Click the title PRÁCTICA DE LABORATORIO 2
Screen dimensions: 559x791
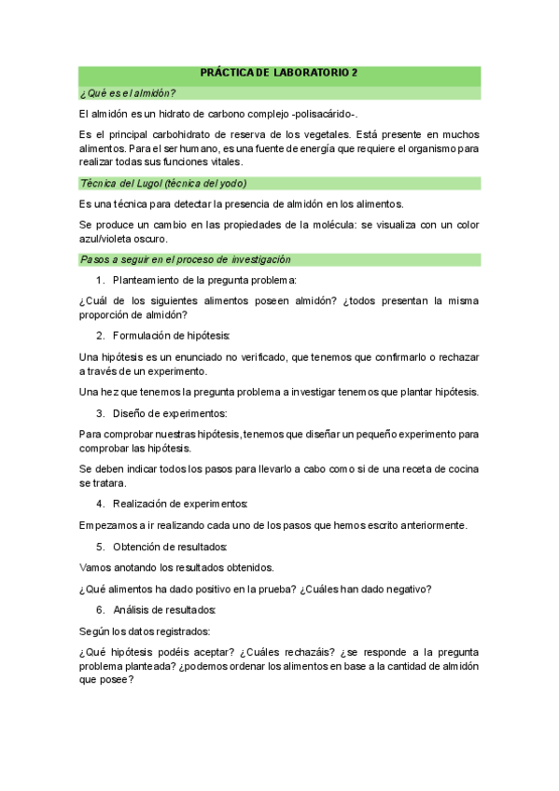point(279,74)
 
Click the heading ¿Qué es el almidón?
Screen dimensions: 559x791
point(128,92)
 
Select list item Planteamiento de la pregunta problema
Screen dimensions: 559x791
point(204,280)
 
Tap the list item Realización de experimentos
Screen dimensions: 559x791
point(180,504)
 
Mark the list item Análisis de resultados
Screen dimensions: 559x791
point(164,610)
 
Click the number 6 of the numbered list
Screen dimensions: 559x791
point(100,610)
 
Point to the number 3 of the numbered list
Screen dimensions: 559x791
point(100,412)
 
